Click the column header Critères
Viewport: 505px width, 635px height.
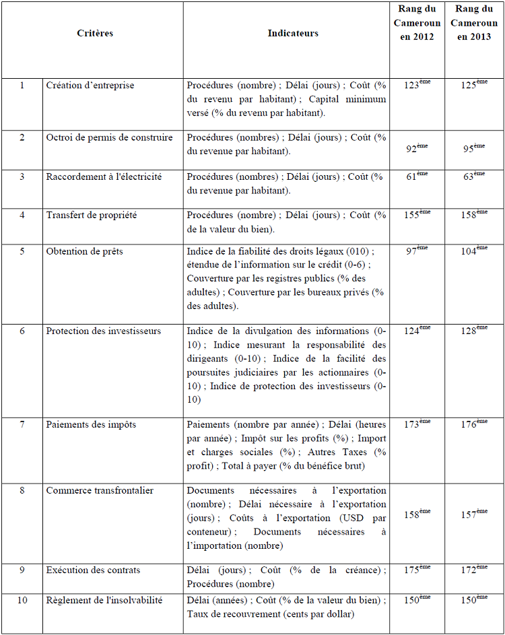[x=95, y=33]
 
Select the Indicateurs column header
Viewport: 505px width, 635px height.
[x=293, y=33]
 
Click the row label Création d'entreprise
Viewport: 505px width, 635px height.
[x=90, y=86]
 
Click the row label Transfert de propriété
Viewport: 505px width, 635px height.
[x=92, y=215]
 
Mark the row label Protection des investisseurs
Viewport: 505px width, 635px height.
[x=104, y=331]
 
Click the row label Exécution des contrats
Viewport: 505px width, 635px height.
[x=94, y=570]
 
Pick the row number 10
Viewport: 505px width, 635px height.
[x=22, y=600]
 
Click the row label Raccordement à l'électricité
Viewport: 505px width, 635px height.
[x=104, y=176]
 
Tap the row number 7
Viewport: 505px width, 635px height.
[x=22, y=425]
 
